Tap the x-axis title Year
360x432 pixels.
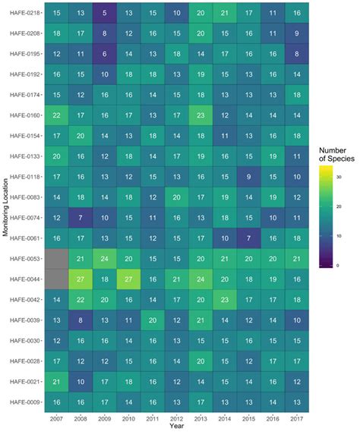(x=176, y=426)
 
